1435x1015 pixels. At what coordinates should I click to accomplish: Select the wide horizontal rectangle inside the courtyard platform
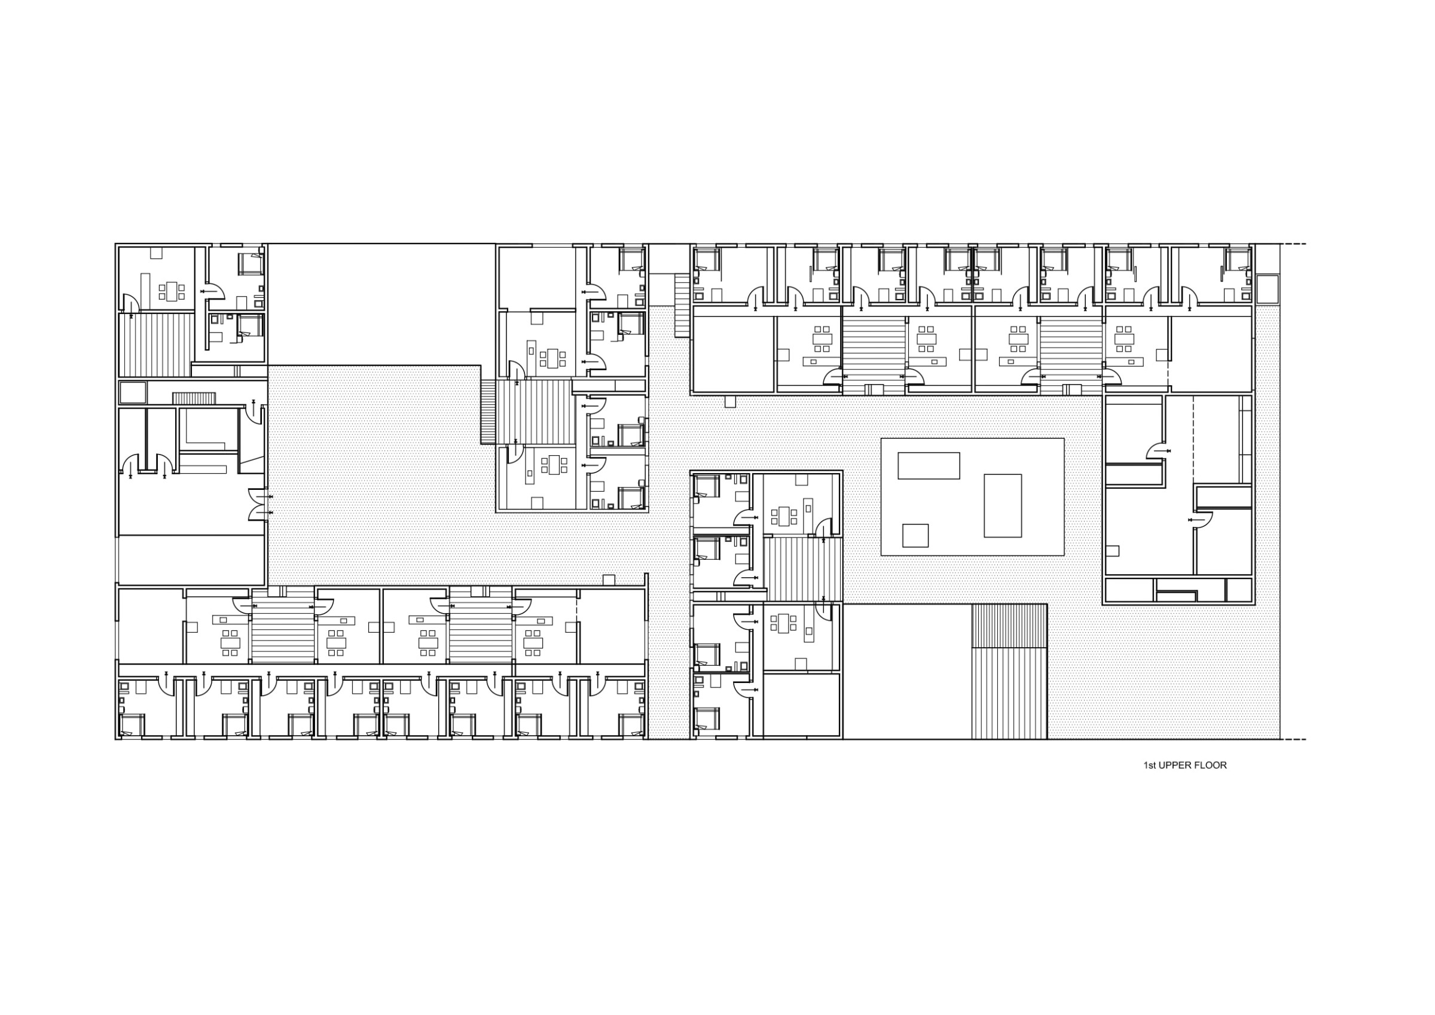pos(928,465)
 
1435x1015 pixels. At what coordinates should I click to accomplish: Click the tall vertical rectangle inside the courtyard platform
pos(1003,505)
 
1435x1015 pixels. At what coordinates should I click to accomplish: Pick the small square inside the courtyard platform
pos(915,535)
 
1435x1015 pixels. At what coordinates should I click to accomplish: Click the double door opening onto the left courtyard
pos(258,504)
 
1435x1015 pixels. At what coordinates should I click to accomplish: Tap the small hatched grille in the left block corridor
pos(194,398)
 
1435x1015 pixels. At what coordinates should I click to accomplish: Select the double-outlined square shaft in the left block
pos(133,393)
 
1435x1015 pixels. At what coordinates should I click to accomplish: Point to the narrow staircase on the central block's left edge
pos(488,412)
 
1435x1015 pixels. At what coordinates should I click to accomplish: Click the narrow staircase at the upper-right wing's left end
pos(682,306)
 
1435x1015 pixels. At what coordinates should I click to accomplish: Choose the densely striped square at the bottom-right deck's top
pos(1009,626)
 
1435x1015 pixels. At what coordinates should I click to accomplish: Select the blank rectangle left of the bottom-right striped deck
pos(907,672)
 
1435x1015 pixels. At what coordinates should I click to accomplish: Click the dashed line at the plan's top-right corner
pos(1293,244)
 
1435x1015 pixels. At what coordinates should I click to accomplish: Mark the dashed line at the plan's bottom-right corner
pos(1293,740)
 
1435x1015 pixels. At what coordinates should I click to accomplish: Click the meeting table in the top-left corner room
pos(171,291)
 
